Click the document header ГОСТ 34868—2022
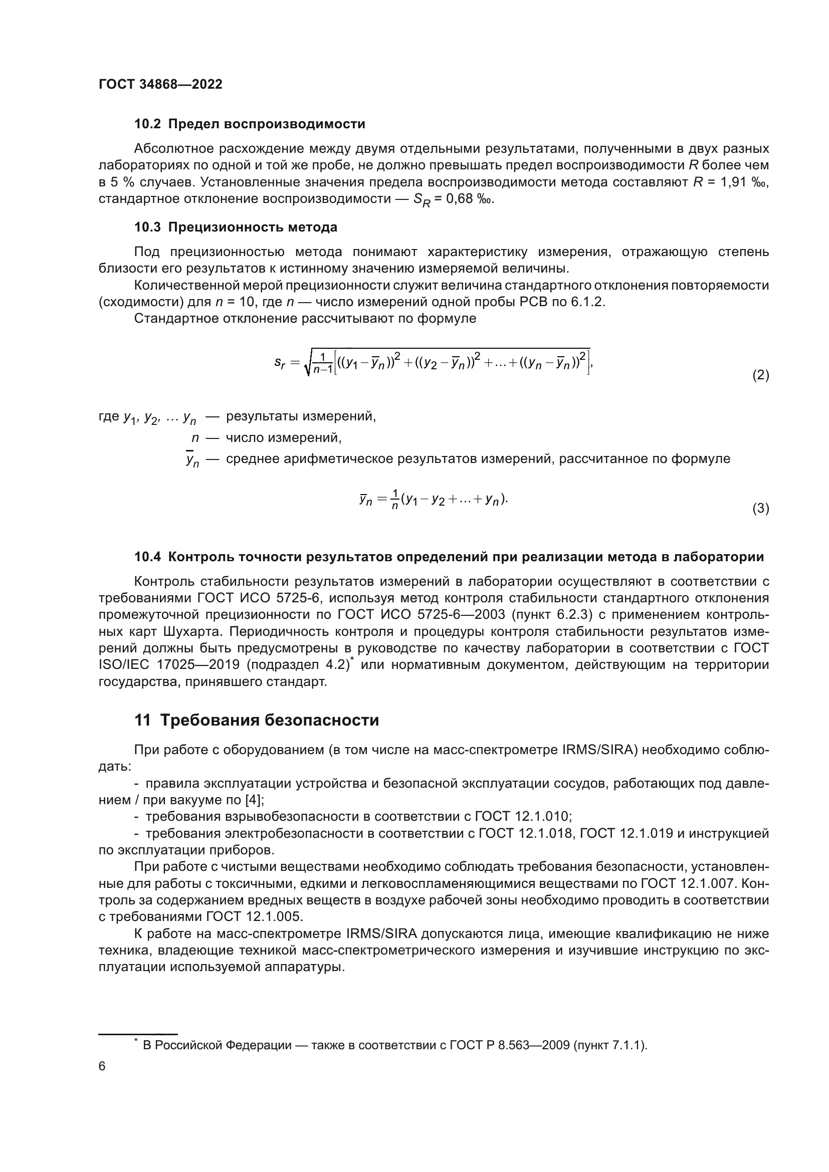[160, 84]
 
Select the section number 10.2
[147, 124]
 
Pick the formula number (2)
[761, 375]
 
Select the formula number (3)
[761, 509]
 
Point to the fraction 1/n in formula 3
[394, 499]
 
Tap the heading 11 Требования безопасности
[257, 720]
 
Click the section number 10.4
[147, 557]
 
